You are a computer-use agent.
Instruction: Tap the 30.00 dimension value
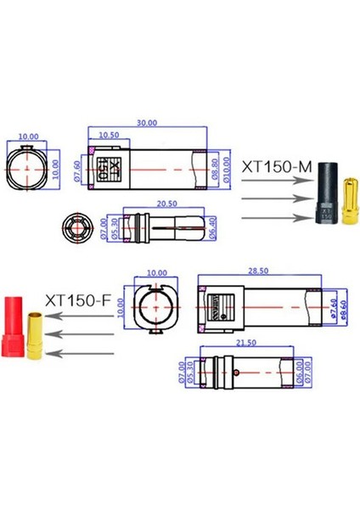pos(148,122)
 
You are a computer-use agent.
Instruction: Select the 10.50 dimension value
pos(109,136)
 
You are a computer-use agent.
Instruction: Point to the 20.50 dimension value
pos(166,204)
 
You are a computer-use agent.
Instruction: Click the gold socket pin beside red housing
pos(38,335)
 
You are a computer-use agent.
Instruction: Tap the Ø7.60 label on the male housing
pos(77,169)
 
